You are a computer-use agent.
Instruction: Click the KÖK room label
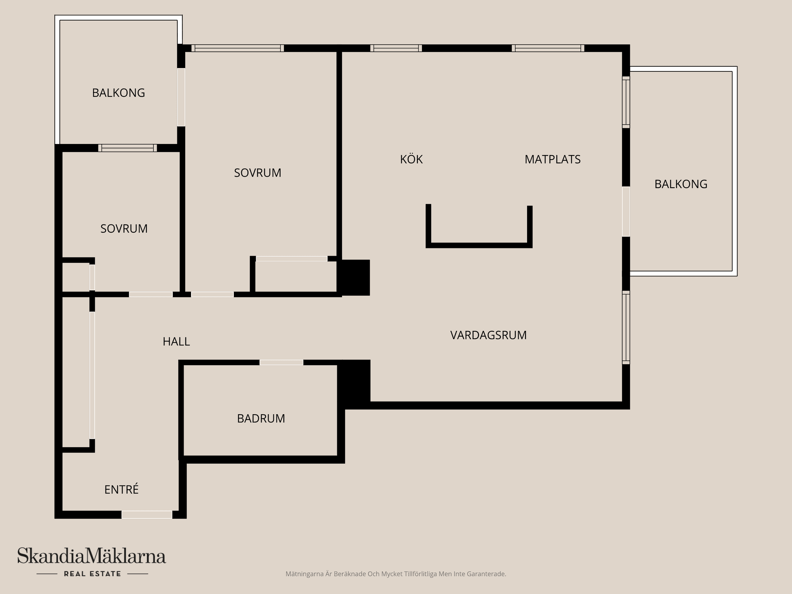411,159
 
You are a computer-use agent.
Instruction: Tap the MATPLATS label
552,159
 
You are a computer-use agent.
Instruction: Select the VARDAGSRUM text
488,335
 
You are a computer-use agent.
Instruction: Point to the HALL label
176,342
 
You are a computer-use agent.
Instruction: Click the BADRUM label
261,418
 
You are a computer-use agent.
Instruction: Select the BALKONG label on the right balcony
681,184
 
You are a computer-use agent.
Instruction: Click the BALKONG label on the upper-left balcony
118,93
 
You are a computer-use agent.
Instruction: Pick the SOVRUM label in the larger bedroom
257,172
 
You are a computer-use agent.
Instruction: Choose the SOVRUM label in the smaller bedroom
124,229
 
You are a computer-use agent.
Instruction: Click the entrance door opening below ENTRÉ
147,515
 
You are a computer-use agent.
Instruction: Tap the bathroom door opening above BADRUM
281,363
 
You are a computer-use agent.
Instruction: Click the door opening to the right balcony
626,211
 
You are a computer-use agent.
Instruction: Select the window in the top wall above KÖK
396,48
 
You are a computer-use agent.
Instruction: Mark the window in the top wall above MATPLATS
548,48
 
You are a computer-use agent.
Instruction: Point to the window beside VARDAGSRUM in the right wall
626,327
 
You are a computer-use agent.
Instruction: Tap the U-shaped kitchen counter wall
479,245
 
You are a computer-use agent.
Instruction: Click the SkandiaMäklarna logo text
92,556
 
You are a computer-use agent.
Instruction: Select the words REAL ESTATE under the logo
92,574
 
